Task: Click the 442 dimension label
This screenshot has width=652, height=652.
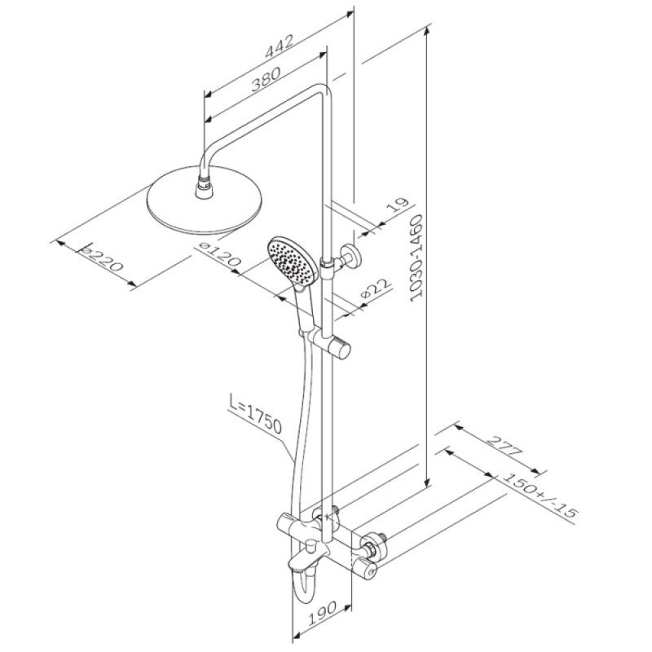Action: [280, 46]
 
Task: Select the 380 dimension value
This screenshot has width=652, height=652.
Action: [267, 78]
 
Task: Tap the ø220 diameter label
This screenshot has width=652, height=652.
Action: [103, 260]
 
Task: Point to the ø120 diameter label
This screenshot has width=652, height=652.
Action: [220, 254]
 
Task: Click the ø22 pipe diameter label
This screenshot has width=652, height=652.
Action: [376, 288]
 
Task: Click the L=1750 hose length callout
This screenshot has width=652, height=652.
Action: [256, 414]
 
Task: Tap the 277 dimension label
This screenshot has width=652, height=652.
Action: [504, 446]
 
